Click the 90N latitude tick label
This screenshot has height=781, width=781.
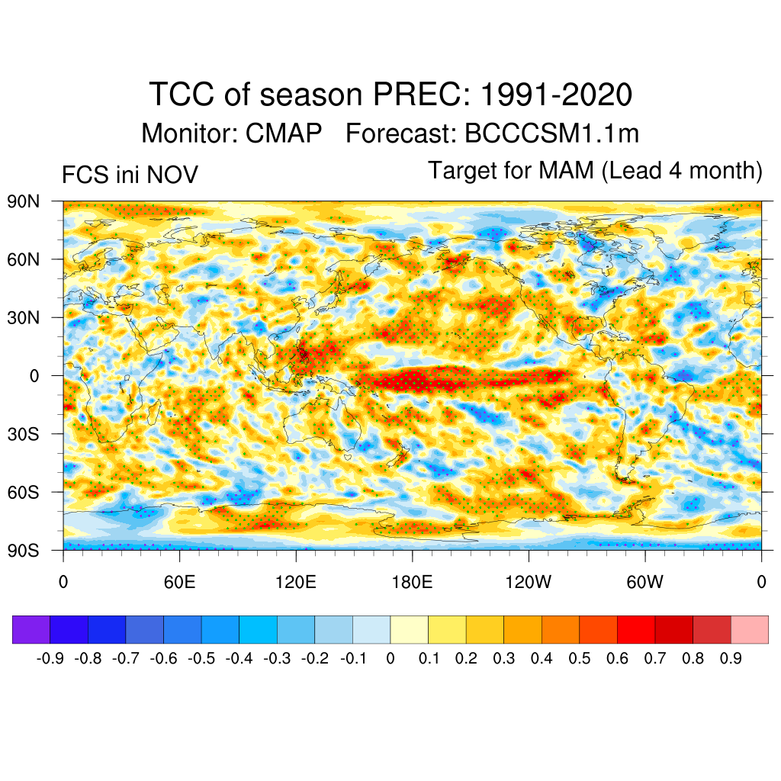pyautogui.click(x=24, y=202)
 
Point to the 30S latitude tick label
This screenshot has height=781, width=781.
pyautogui.click(x=24, y=434)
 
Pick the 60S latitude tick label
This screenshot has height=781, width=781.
pyautogui.click(x=24, y=492)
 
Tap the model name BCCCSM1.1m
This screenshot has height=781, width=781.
pyautogui.click(x=551, y=133)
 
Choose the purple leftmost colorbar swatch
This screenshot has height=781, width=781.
pyautogui.click(x=31, y=629)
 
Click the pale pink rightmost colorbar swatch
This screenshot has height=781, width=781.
pyautogui.click(x=749, y=629)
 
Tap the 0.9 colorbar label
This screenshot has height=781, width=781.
pyautogui.click(x=731, y=658)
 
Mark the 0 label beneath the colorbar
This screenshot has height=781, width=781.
pyautogui.click(x=390, y=658)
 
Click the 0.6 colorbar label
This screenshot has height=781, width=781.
pyautogui.click(x=617, y=658)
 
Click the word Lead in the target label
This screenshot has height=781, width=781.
pyautogui.click(x=632, y=170)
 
